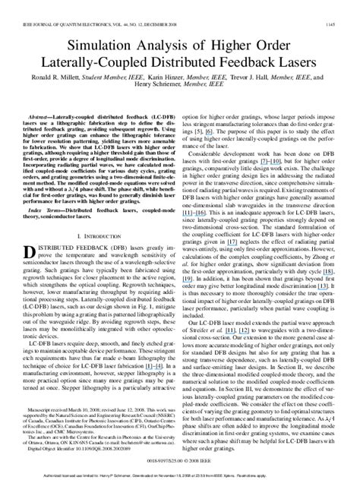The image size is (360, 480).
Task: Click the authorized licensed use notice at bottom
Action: [x=179, y=470]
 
